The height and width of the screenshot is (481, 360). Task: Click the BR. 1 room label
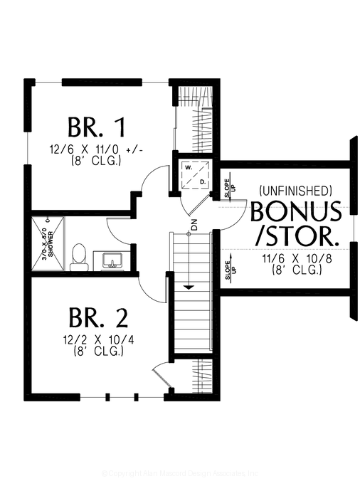[x=97, y=128]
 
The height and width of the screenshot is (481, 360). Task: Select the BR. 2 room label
[x=97, y=316]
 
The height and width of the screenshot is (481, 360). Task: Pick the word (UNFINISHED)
[x=295, y=191]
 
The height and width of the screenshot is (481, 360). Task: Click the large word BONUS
[x=295, y=212]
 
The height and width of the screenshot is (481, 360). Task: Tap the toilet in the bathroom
[x=79, y=257]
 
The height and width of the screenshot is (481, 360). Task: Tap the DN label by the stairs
[x=194, y=226]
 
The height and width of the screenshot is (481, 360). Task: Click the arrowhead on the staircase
[x=190, y=287]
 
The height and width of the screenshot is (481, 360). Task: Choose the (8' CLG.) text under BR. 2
[x=97, y=351]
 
